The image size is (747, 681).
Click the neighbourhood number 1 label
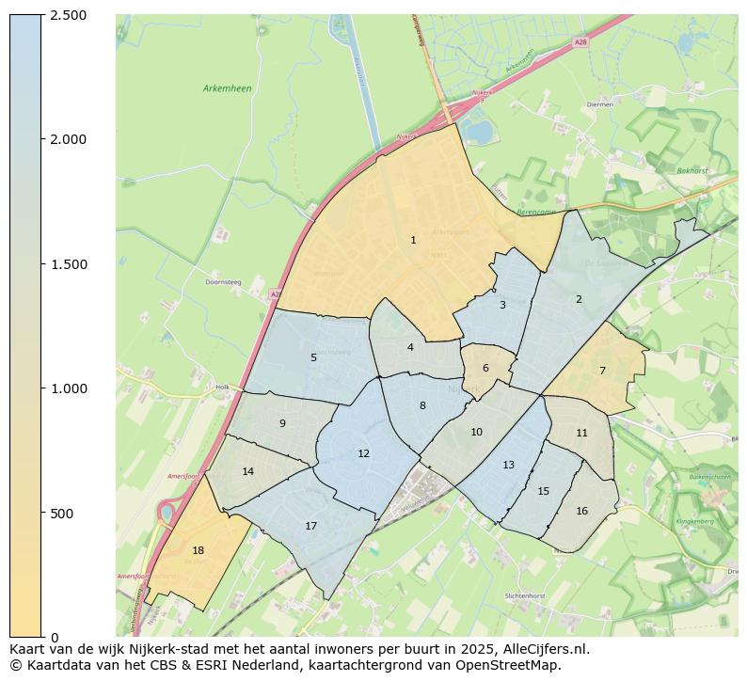click(413, 241)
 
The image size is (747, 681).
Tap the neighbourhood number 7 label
click(602, 371)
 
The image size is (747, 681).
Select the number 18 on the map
click(198, 551)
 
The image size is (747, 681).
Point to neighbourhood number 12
click(363, 454)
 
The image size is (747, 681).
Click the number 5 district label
click(313, 357)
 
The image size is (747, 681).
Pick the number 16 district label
click(581, 512)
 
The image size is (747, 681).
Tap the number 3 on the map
click(502, 305)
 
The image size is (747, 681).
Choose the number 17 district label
click(310, 527)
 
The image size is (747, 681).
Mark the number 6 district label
click(485, 369)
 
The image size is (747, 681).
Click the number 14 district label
click(247, 472)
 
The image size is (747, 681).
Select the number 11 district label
click(581, 434)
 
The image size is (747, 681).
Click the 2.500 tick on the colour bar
click(68, 15)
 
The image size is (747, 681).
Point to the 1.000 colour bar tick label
click(68, 388)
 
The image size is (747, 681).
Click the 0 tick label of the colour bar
click(56, 638)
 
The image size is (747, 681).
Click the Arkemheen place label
click(227, 88)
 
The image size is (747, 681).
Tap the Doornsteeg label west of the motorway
click(224, 281)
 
